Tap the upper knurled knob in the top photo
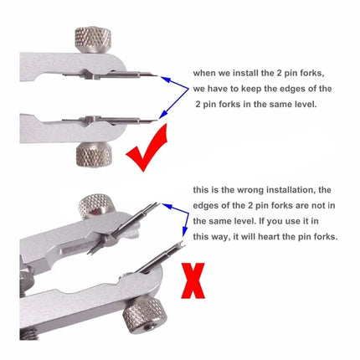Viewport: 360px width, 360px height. coord(90,39)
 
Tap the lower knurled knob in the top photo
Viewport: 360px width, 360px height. coord(90,155)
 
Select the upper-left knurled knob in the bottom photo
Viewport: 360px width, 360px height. coord(92,205)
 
